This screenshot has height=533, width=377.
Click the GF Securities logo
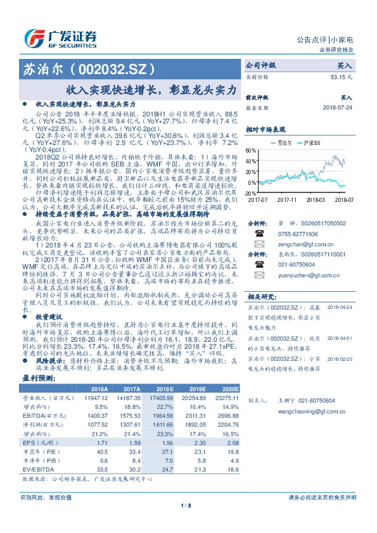tap(60, 37)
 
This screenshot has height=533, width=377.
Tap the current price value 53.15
tap(341, 76)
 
